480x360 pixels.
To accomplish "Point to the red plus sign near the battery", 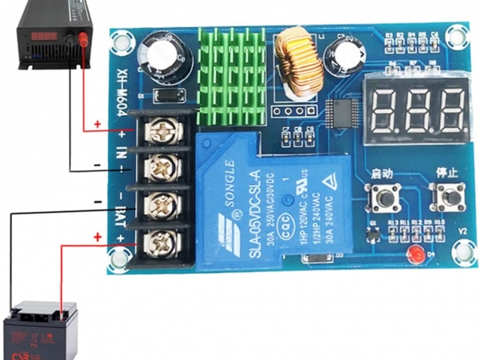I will pyautogui.click(x=98, y=238).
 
